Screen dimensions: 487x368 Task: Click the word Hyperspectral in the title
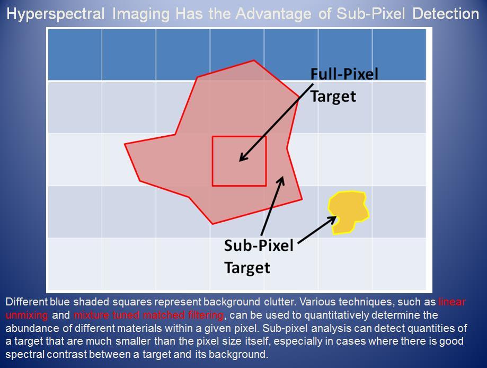pos(55,14)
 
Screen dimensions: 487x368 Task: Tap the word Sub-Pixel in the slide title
pos(371,14)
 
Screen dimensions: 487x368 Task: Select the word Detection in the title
pos(446,14)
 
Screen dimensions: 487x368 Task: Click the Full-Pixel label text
pos(344,74)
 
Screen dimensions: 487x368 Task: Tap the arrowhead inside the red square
pos(244,157)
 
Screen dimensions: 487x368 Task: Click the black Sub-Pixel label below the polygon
pos(259,246)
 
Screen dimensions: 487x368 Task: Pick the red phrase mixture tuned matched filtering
pos(148,315)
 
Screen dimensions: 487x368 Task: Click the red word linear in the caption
pos(452,302)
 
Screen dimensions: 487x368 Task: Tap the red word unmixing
pos(26,315)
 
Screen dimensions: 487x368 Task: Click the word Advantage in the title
pos(273,14)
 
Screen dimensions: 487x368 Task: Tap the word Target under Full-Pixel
pos(333,97)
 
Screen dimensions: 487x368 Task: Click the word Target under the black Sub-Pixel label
pos(247,268)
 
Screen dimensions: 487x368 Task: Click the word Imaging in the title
pos(141,14)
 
